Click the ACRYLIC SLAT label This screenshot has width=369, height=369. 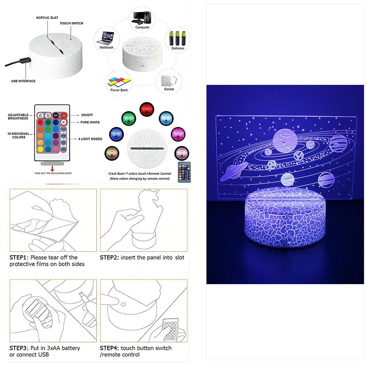(47, 18)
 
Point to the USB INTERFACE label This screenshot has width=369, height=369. (23, 81)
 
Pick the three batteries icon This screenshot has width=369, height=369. (177, 38)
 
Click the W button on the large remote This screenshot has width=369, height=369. (63, 122)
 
